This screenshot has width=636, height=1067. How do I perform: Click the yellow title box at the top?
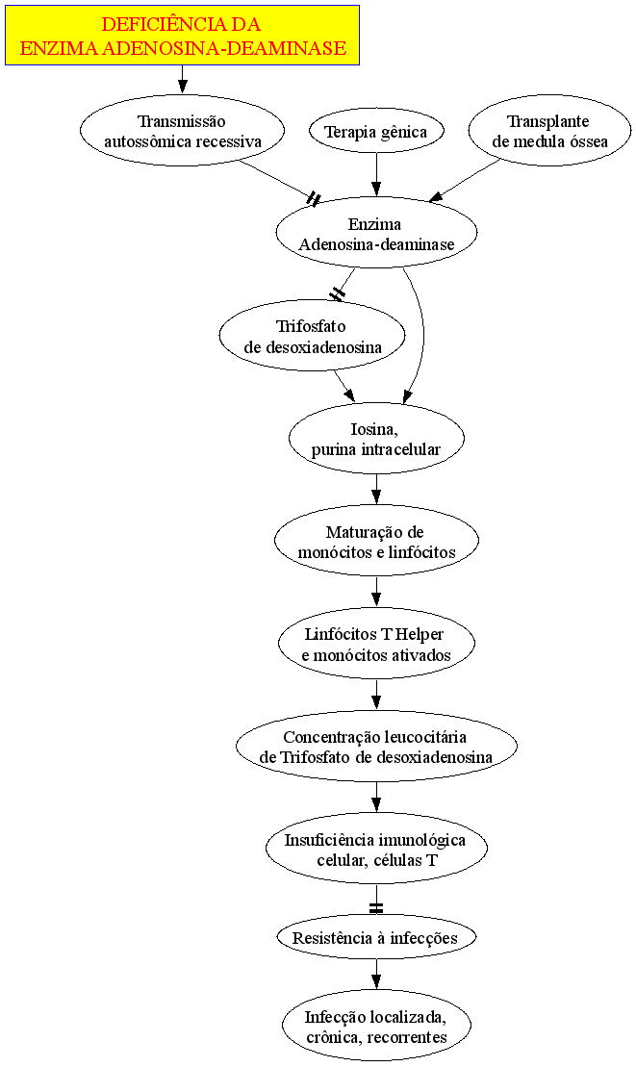pos(182,36)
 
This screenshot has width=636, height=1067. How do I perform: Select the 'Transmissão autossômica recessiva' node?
pos(182,132)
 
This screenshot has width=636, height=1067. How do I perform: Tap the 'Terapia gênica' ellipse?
pos(376,132)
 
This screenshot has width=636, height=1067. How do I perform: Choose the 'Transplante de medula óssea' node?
pos(549,132)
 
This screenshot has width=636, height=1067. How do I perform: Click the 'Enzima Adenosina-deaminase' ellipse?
pos(376,234)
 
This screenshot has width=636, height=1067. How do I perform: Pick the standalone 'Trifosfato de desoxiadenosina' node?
pos(312,336)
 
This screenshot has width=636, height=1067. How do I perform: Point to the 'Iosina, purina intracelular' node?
pos(376,438)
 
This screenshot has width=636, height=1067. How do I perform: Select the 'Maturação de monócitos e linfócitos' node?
pos(376,541)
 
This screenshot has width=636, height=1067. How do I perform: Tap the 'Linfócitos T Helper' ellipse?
pos(376,643)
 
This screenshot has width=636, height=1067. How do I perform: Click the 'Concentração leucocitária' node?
pos(376,746)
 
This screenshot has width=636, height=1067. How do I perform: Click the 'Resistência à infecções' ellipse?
pos(376,937)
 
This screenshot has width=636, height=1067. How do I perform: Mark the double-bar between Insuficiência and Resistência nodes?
pos(376,908)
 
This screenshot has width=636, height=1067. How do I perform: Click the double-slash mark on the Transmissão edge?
pos(314,199)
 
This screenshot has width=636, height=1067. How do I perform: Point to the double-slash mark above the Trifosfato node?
pos(338,294)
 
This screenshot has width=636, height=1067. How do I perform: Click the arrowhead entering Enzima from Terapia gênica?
pos(376,190)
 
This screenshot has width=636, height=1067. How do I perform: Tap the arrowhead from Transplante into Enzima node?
pos(436,196)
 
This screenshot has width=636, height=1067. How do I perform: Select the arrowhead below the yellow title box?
pos(182,88)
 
